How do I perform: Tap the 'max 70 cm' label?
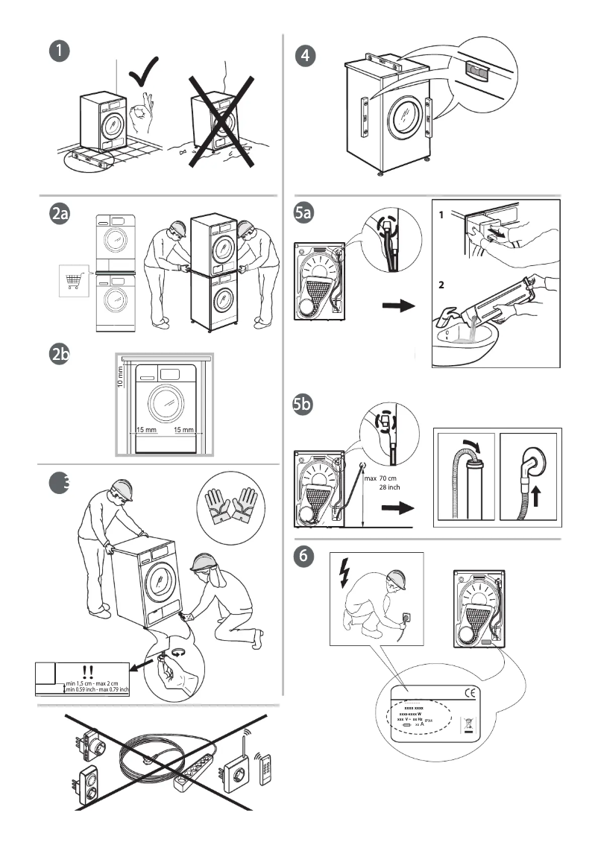coord(387,478)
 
